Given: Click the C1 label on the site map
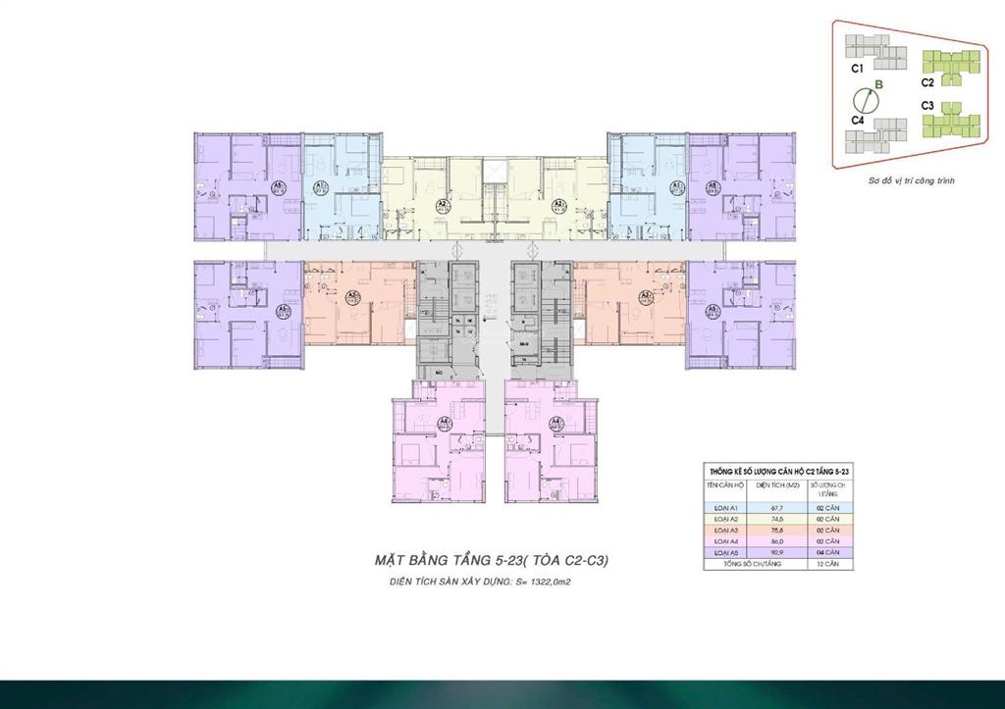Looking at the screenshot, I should click(857, 70).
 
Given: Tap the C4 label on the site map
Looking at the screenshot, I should click(857, 120).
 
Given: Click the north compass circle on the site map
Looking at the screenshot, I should click(865, 98).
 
